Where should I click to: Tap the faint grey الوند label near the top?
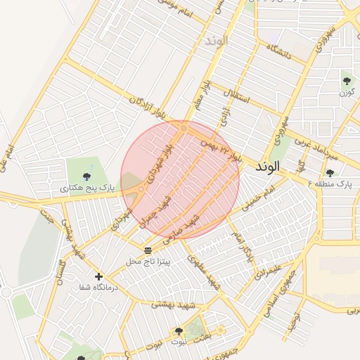tap(217, 41)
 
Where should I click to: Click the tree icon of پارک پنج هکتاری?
tap(86, 176)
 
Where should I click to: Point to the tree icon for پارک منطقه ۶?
tap(330, 173)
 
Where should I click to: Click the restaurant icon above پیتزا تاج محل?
tap(148, 250)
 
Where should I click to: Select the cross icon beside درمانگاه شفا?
tap(98, 276)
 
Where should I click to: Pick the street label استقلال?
tap(236, 96)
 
